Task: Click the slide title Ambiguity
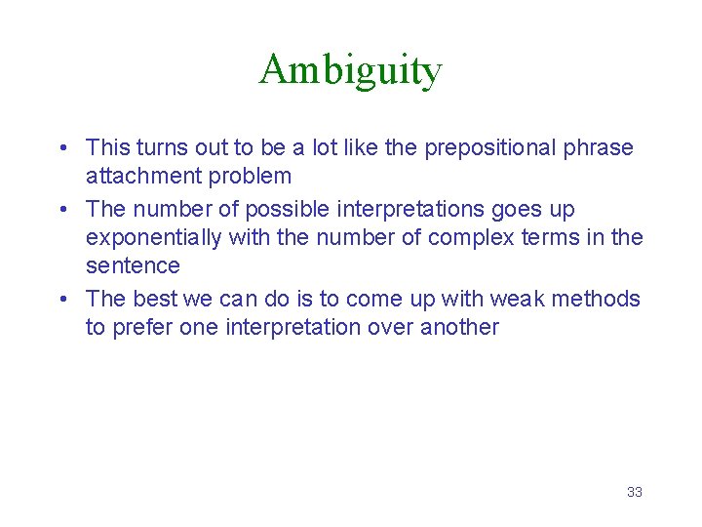click(350, 70)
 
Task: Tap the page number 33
click(635, 492)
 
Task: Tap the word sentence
click(133, 265)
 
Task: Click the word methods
click(598, 299)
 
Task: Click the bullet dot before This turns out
click(62, 149)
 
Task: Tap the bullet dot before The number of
click(62, 210)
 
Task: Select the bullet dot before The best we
click(62, 299)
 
